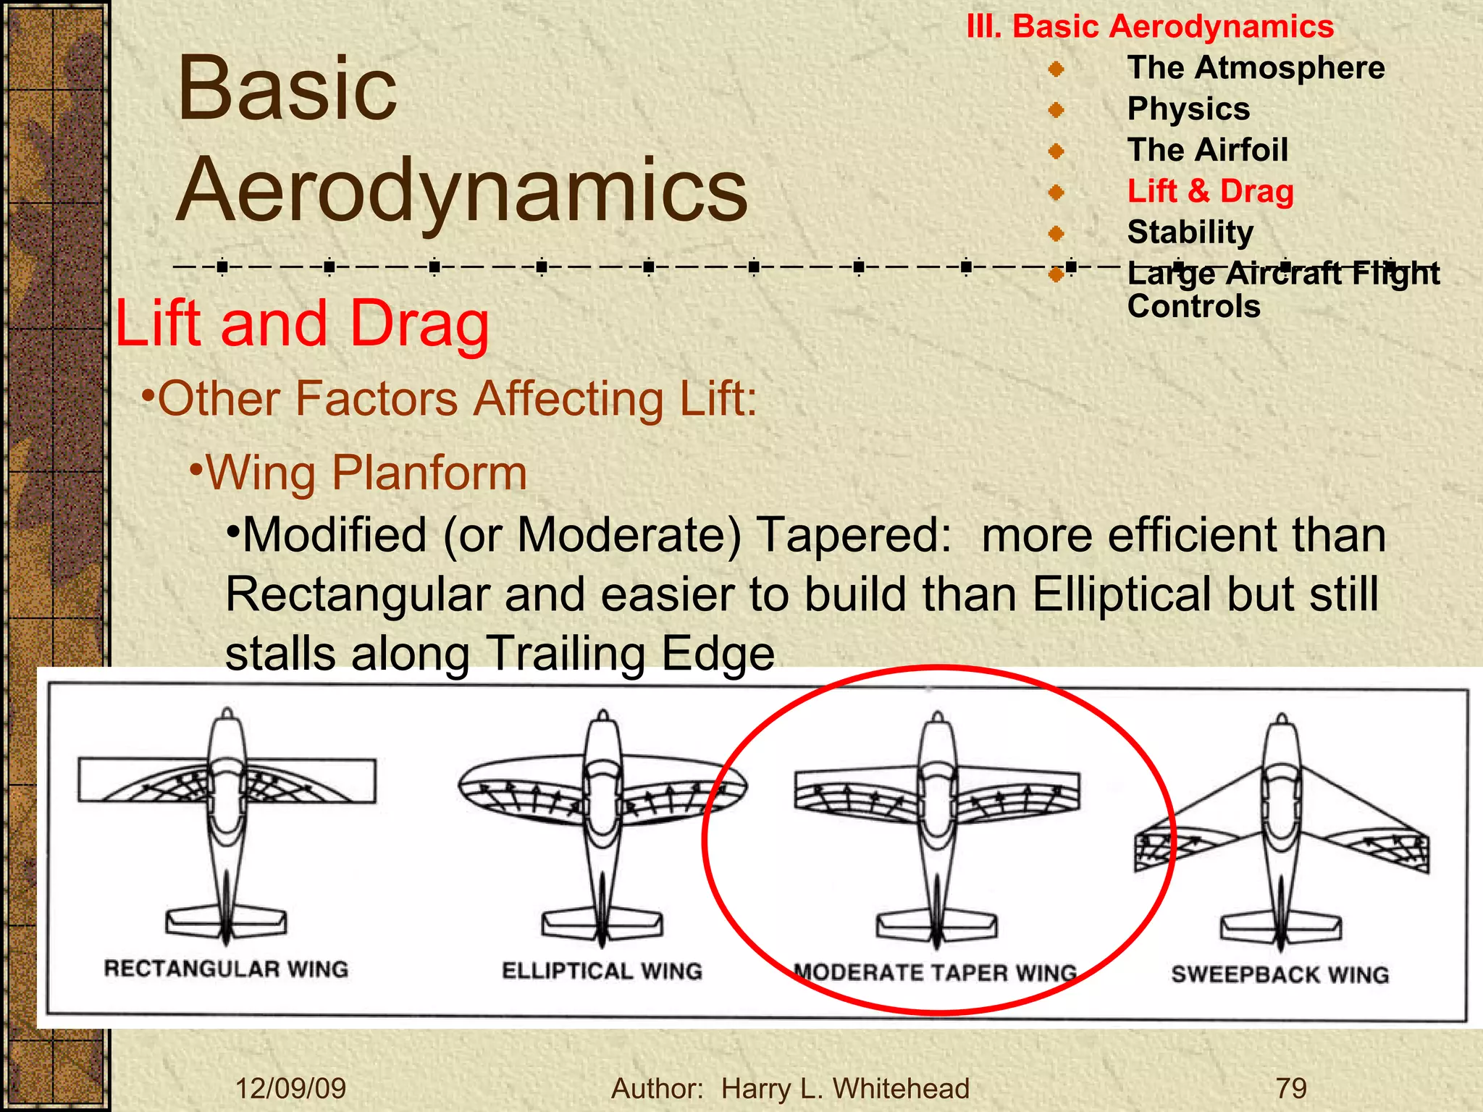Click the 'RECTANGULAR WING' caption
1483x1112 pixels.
[x=226, y=969]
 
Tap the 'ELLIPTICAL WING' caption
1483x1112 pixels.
[x=602, y=971]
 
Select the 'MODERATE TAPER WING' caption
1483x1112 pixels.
[x=935, y=972]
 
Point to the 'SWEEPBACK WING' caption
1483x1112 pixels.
[x=1280, y=974]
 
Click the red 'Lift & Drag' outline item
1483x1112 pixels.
[x=1210, y=191]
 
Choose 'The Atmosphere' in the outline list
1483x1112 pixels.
[x=1256, y=68]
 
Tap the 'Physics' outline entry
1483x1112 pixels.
[x=1188, y=109]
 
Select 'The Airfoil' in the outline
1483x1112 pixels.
[x=1207, y=150]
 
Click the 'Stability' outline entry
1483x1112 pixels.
[x=1190, y=232]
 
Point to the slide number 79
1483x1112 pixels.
[x=1291, y=1088]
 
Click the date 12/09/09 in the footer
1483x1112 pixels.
[x=290, y=1088]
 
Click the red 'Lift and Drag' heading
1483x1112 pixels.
[x=302, y=324]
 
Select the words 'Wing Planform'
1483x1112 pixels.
[x=366, y=473]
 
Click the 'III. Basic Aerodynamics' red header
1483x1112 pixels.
[x=1150, y=27]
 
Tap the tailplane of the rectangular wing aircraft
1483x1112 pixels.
[x=226, y=922]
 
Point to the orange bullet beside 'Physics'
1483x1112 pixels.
[x=1056, y=110]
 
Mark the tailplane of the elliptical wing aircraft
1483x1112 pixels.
[x=602, y=924]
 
